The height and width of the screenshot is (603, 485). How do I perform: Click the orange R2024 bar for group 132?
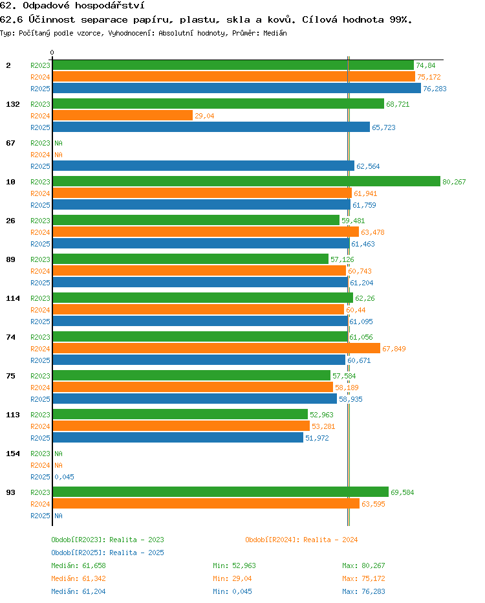click(123, 115)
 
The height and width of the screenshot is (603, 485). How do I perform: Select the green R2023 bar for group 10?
click(246, 181)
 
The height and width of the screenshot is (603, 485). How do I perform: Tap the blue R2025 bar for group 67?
click(203, 166)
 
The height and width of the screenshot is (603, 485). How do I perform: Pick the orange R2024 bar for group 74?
click(217, 349)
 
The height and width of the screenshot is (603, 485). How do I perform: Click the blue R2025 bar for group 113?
click(178, 437)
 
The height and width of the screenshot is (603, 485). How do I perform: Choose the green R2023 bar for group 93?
click(221, 492)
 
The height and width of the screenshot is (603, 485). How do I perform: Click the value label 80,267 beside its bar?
click(454, 182)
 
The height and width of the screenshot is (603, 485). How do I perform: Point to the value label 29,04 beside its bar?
click(204, 116)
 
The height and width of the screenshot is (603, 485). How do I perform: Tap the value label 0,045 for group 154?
click(64, 477)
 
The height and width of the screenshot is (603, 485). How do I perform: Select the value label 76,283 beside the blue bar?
click(435, 89)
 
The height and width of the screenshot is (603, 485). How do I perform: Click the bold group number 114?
click(13, 298)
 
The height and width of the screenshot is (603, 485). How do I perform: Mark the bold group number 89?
click(11, 259)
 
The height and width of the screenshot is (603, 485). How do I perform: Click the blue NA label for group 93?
click(58, 516)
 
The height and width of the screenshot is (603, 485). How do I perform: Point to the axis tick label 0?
click(52, 52)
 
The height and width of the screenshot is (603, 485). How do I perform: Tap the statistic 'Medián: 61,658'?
click(78, 565)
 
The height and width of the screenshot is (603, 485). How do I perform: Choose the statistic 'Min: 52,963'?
click(235, 565)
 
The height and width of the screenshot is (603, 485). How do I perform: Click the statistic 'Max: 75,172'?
click(363, 578)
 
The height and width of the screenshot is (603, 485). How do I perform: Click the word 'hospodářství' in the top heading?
click(109, 5)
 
